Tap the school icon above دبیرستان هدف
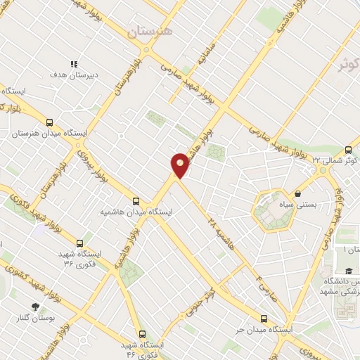tap(74, 63)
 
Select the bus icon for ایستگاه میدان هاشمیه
tap(136, 200)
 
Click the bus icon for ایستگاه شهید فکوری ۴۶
tap(143, 334)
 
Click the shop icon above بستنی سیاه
tap(298, 193)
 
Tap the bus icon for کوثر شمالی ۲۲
tap(348, 150)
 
